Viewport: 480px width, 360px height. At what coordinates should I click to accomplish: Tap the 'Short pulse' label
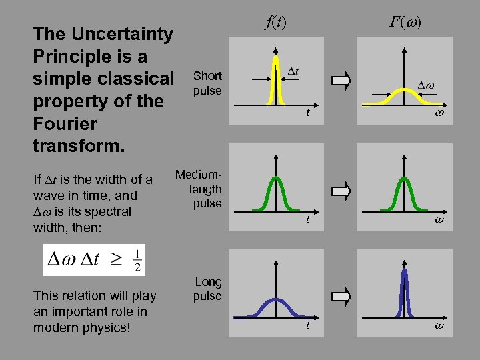(x=207, y=83)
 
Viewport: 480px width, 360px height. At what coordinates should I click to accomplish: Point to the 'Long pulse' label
(x=207, y=289)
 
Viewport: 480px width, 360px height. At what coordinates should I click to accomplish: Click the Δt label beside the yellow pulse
(x=293, y=71)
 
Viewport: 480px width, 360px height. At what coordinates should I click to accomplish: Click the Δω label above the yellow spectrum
(x=425, y=85)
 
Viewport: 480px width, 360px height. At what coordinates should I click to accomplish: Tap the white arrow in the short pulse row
(x=341, y=82)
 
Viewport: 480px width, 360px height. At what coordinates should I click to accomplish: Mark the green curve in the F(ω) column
(x=403, y=193)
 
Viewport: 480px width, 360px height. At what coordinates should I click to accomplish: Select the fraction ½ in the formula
(x=137, y=260)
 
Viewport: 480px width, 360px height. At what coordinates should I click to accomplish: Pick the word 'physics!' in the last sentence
(x=103, y=327)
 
